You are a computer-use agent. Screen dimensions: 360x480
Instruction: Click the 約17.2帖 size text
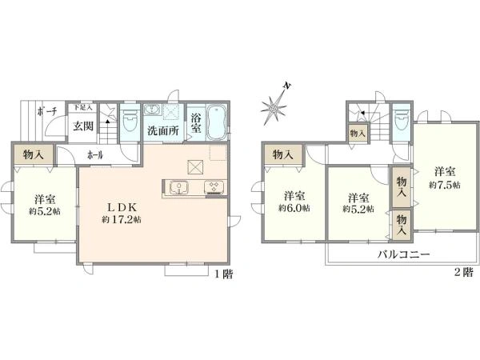click(x=122, y=219)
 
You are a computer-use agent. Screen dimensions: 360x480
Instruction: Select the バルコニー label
click(x=405, y=254)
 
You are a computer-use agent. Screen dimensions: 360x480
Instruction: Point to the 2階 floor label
click(x=463, y=273)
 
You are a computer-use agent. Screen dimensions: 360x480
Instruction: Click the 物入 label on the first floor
click(x=34, y=153)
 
